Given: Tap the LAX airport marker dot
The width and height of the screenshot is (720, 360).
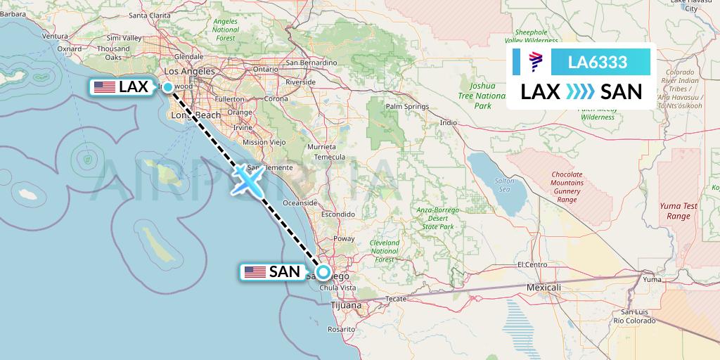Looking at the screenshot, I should click(x=167, y=87).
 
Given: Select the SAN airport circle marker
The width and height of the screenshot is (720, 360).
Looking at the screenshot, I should click(x=323, y=272).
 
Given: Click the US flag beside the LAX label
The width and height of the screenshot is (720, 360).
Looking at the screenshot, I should click(x=105, y=87).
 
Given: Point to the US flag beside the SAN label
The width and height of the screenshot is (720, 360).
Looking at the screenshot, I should click(x=255, y=272).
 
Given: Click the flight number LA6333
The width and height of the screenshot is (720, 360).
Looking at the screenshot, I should click(x=598, y=63).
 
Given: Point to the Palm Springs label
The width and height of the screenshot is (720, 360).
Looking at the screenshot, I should click(x=407, y=107).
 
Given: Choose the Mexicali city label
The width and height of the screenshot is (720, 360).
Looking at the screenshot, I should click(x=544, y=288).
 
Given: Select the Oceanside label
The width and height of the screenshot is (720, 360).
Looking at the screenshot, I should click(x=300, y=202).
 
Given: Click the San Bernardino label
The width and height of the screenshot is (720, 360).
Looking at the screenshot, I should click(x=312, y=63).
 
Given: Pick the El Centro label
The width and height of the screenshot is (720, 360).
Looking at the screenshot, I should click(x=532, y=265).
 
